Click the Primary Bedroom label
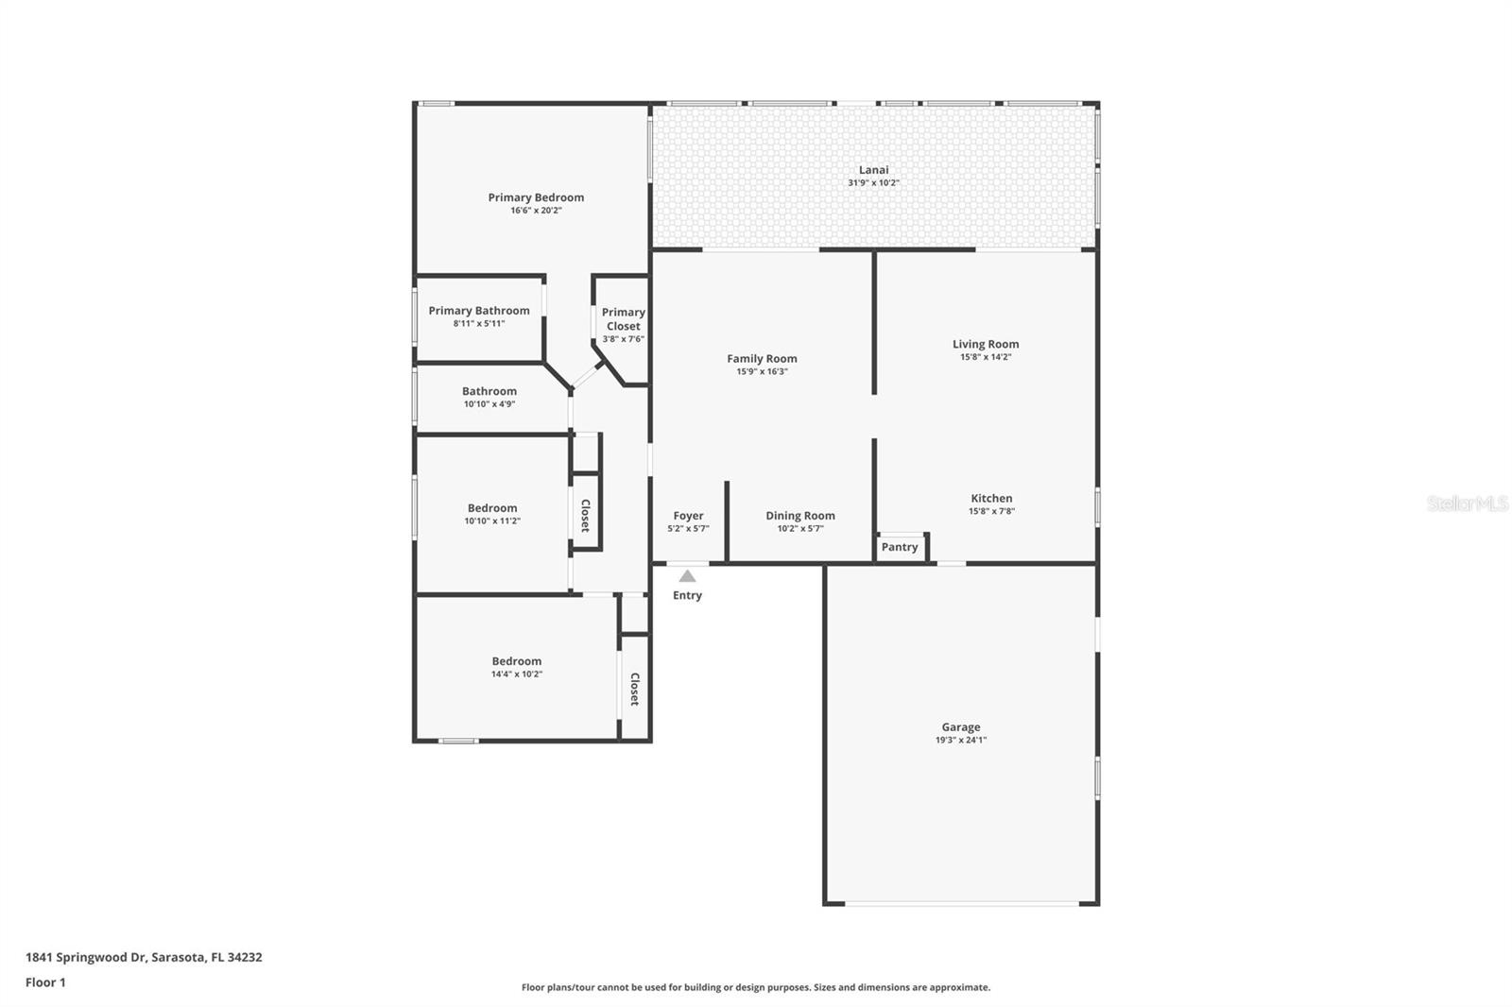tap(536, 197)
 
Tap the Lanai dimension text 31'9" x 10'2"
tap(873, 183)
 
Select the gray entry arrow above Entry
tap(687, 576)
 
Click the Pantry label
tap(900, 547)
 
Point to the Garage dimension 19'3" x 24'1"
tap(960, 741)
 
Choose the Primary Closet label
tap(623, 319)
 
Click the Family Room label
tap(762, 358)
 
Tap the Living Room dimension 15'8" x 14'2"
tap(986, 357)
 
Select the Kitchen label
tap(991, 498)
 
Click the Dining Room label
tap(799, 516)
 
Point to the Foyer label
tap(688, 516)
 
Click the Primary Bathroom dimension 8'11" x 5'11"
tap(479, 324)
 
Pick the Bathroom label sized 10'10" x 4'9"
tap(489, 391)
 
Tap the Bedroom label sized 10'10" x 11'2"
tap(491, 508)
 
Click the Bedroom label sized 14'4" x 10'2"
tap(516, 661)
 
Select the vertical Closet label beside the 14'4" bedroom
tap(635, 689)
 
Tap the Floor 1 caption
tap(45, 982)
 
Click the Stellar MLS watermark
tap(1467, 503)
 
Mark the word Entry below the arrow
tap(687, 595)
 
